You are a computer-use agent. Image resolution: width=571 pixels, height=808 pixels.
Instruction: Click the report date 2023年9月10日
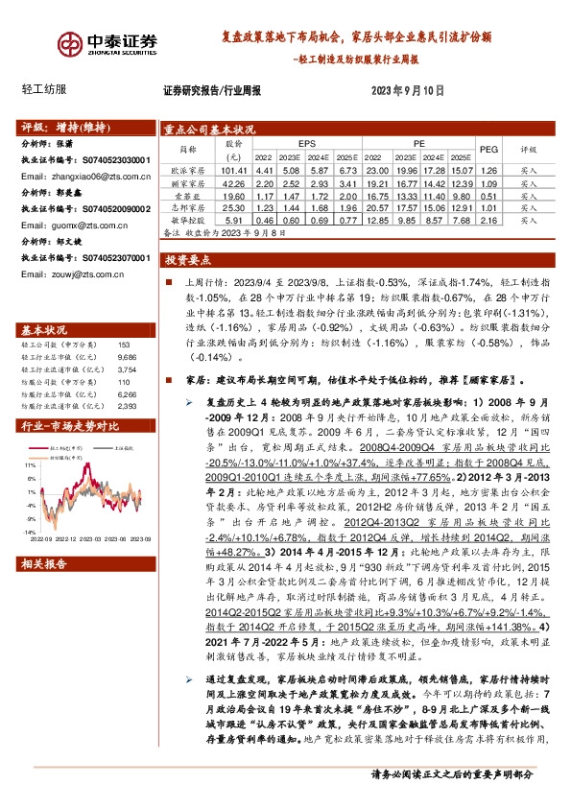409,92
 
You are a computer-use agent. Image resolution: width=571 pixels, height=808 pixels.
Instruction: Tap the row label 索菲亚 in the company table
182,195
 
